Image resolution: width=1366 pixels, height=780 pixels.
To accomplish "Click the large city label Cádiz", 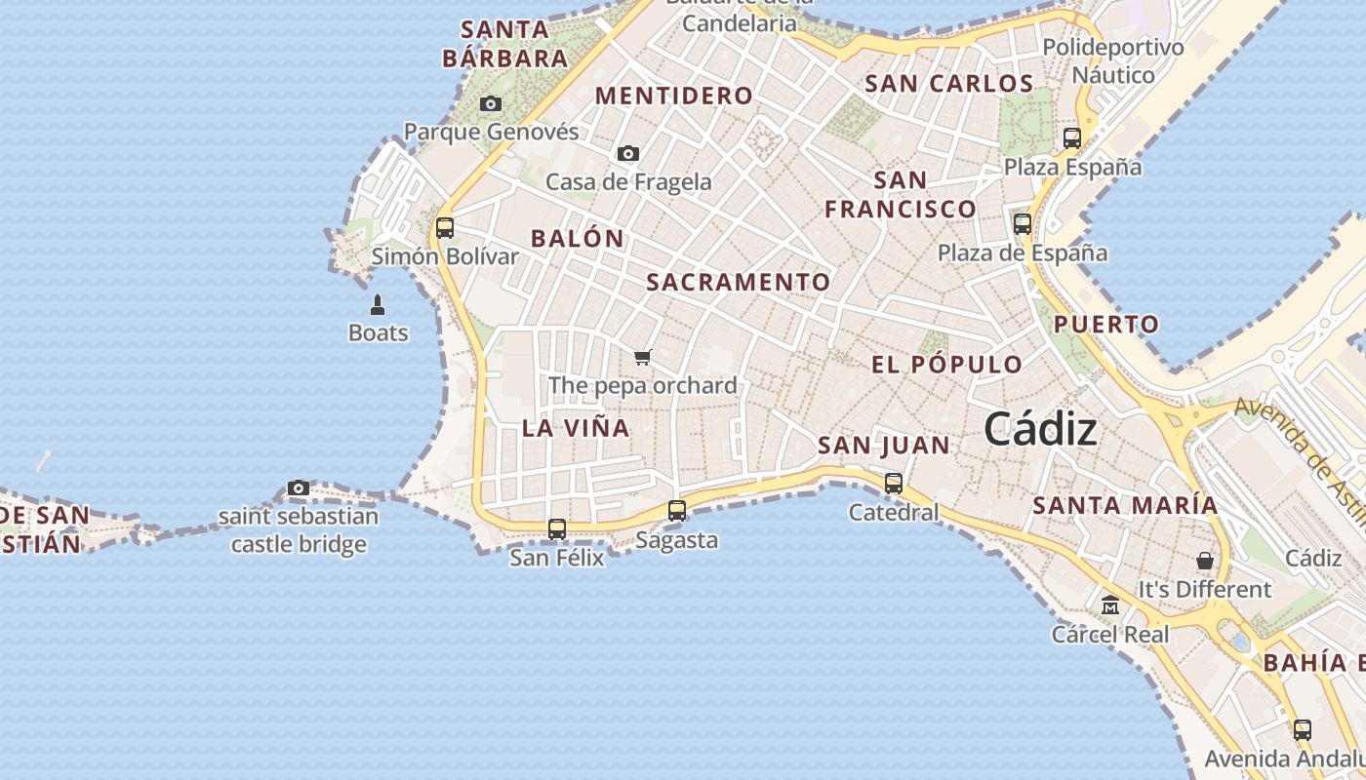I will click(x=1040, y=429).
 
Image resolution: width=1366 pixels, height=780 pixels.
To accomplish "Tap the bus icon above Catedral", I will click(x=893, y=483).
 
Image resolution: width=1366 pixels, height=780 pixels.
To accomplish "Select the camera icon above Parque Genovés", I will click(x=491, y=103).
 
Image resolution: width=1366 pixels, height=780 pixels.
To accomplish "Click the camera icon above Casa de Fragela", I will click(x=628, y=153).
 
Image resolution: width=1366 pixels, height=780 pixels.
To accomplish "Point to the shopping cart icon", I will click(x=642, y=357).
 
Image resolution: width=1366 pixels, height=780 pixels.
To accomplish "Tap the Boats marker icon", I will click(x=378, y=304).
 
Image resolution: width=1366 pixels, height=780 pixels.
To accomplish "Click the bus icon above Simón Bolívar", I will click(x=445, y=228).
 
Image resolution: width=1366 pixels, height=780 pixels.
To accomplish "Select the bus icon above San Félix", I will click(x=557, y=529).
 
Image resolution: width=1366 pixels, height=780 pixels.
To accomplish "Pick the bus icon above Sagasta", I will click(x=677, y=510).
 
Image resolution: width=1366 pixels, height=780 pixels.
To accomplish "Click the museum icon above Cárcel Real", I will click(x=1109, y=605).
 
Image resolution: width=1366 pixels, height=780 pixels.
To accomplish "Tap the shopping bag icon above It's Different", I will click(x=1205, y=561).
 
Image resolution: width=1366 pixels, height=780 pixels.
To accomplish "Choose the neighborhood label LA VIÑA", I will click(x=576, y=428).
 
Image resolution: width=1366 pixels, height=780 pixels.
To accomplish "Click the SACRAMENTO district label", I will click(x=739, y=283).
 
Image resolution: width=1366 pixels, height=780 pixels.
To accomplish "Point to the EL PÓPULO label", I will click(x=946, y=366).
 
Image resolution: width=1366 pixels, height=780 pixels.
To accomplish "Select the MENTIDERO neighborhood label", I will click(x=674, y=96).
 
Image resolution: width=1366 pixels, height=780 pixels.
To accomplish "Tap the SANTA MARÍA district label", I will click(x=1125, y=505).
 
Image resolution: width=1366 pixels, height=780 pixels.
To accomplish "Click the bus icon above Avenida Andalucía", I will click(x=1302, y=729).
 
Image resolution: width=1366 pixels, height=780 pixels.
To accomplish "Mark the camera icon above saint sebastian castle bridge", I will click(x=299, y=487).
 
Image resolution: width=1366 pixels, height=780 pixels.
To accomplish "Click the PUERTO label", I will click(x=1106, y=324).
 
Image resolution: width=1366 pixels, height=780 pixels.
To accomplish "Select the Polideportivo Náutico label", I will click(x=1113, y=60).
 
